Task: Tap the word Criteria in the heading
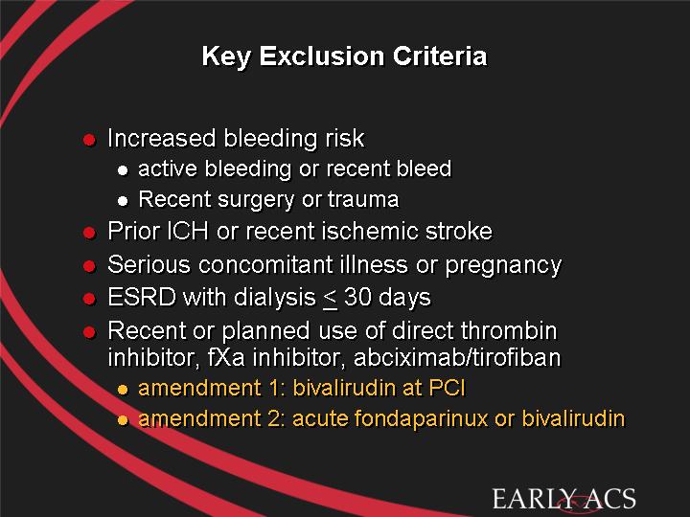tap(440, 56)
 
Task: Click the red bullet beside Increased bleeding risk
tap(89, 140)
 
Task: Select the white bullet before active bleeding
tap(123, 170)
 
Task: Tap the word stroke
tap(458, 231)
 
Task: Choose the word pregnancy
tap(503, 265)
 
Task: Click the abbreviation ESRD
tap(142, 297)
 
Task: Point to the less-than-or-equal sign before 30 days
tap(330, 299)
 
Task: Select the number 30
tap(357, 297)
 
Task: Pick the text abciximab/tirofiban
tap(457, 357)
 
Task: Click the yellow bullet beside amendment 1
tap(123, 390)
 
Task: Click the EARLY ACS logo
tap(564, 500)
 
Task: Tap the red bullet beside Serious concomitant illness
tap(89, 266)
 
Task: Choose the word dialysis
tap(275, 298)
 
